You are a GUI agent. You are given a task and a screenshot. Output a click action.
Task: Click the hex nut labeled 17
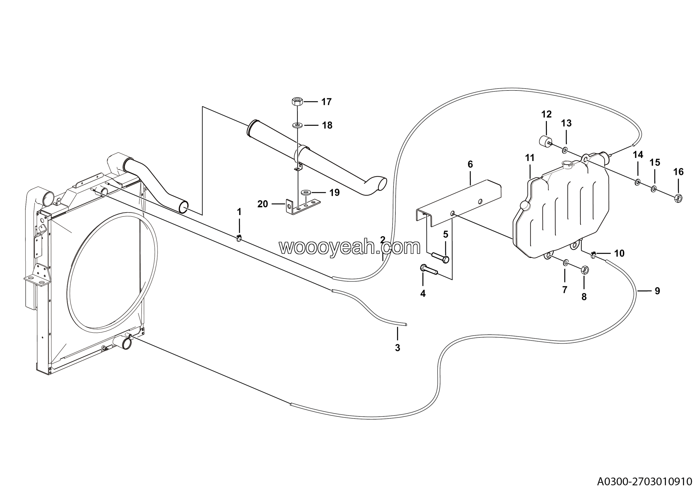[x=297, y=101]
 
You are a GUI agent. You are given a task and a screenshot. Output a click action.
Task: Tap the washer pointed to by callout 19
[x=306, y=192]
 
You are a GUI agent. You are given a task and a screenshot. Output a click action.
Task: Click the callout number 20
[x=262, y=204]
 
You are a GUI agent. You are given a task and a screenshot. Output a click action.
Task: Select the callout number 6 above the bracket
[x=470, y=164]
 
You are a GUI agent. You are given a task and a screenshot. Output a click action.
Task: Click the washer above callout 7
[x=565, y=263]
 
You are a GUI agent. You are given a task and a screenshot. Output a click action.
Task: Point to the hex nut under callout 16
[x=678, y=199]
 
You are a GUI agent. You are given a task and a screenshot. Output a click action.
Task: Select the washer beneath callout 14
[x=637, y=183]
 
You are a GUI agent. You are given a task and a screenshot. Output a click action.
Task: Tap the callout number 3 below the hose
[x=397, y=348]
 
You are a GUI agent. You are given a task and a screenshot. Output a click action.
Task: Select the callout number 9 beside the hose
[x=657, y=291]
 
